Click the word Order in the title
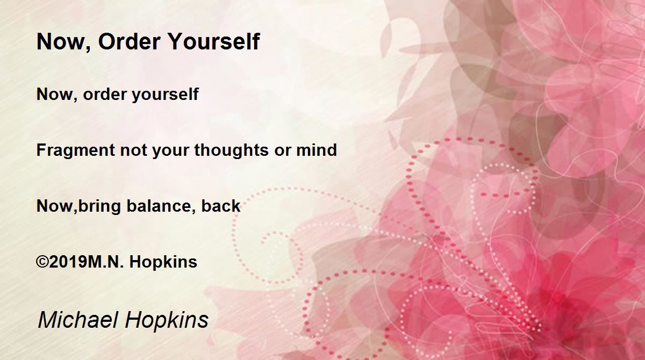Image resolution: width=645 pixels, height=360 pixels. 130,41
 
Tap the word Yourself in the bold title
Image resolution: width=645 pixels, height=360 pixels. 214,41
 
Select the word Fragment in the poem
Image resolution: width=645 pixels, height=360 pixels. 76,151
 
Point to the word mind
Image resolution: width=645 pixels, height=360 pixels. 317,150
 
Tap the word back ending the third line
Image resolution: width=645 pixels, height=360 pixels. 220,206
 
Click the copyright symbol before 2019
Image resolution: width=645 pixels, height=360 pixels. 42,262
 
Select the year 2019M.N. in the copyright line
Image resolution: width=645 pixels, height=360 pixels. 87,262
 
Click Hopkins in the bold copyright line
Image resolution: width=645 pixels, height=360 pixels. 163,262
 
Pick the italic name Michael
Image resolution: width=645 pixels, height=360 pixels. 78,320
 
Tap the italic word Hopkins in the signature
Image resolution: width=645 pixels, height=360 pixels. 167,320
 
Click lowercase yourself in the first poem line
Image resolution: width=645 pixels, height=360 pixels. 166,95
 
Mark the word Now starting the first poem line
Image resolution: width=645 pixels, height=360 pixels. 57,95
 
